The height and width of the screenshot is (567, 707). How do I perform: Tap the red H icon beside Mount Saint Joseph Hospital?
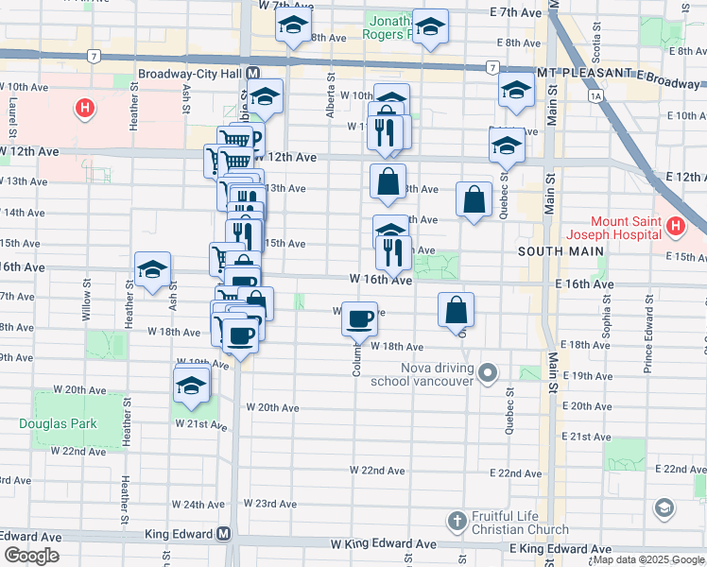(675, 227)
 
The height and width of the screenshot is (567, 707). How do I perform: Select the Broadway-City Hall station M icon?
(253, 73)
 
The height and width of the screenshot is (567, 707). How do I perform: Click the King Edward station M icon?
(224, 534)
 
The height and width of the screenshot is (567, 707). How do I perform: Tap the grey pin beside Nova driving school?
(488, 371)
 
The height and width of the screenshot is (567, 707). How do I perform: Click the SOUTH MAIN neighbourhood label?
(554, 252)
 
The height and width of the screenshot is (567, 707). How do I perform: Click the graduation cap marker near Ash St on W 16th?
(152, 270)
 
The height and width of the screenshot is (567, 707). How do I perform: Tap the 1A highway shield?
(595, 95)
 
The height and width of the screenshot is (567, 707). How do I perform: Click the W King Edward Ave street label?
(384, 545)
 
